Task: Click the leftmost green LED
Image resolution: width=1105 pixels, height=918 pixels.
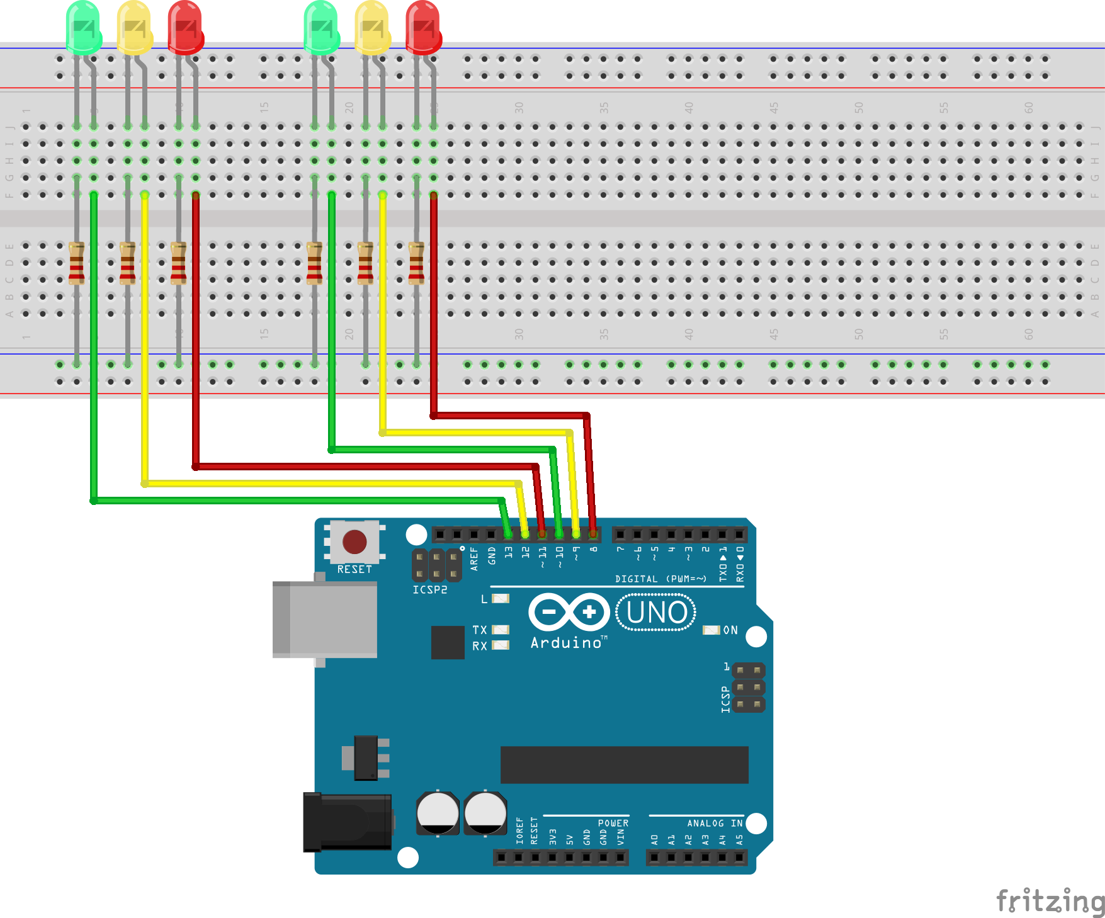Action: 83,26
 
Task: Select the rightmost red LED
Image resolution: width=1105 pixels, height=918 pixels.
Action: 423,26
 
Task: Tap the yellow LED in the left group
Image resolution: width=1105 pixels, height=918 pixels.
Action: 134,26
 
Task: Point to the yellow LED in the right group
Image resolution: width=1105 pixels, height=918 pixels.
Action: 372,26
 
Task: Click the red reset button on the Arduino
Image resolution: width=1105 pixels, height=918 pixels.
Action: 354,541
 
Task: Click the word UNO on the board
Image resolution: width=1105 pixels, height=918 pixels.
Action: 657,613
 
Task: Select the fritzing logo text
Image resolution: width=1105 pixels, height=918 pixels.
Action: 1050,901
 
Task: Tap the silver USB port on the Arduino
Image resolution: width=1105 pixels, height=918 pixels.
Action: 325,620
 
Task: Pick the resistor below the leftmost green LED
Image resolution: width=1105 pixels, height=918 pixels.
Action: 77,263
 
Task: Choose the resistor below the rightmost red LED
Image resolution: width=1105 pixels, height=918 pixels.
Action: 416,263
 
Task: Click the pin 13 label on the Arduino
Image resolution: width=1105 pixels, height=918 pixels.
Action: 509,553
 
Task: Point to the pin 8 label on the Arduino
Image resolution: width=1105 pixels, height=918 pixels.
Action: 594,550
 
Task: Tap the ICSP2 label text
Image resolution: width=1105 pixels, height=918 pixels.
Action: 430,590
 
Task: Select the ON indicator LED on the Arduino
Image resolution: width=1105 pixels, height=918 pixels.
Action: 711,630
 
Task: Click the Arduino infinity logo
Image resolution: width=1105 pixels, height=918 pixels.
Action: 569,612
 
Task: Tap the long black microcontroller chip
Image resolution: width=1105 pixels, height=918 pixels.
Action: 624,764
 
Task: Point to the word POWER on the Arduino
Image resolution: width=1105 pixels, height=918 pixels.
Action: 613,823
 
